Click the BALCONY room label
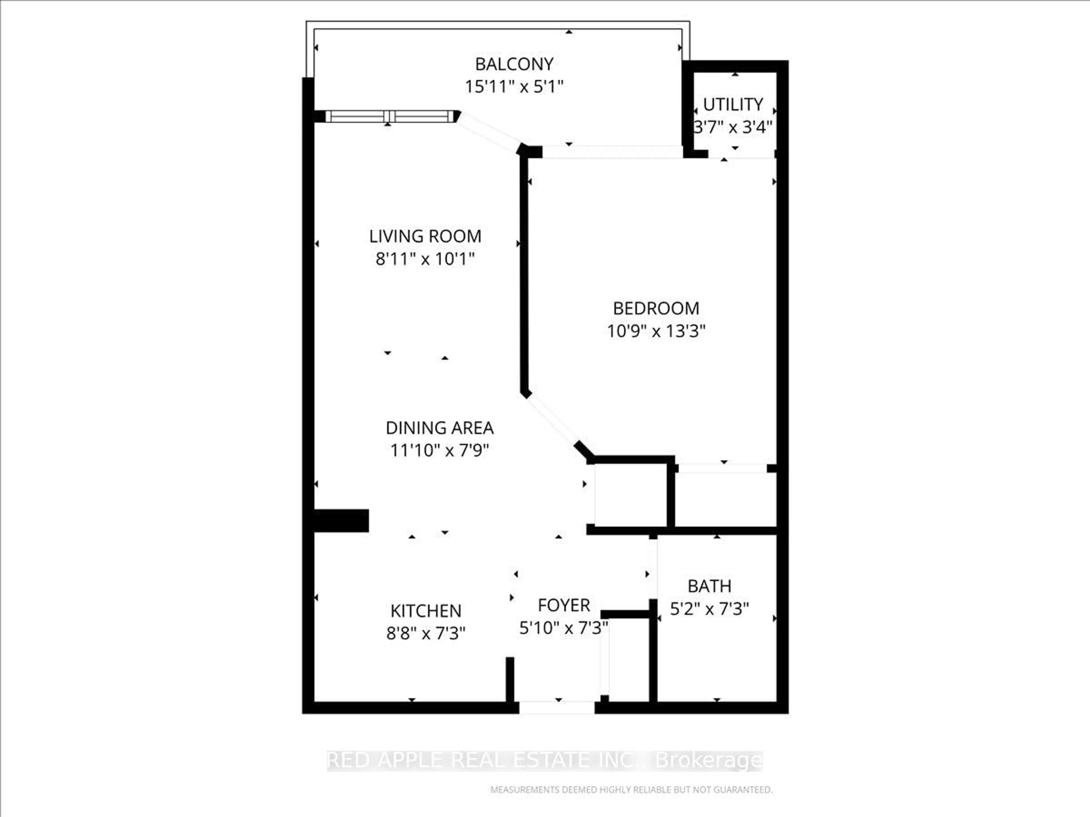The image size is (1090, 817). pos(514,64)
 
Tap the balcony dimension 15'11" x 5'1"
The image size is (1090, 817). pos(514,87)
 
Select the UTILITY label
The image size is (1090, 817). pos(733,104)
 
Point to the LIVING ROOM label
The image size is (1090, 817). pos(425,236)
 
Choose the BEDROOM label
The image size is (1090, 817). pos(656,308)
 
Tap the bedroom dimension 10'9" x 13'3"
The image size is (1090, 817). pos(656,331)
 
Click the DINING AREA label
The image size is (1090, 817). pos(439,428)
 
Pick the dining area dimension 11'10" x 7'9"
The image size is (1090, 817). pos(439,450)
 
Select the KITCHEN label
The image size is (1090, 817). pos(426,611)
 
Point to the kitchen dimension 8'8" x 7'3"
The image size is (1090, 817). pos(426,633)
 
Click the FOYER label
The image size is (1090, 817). pos(564,605)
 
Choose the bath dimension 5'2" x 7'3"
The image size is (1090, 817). pos(709,609)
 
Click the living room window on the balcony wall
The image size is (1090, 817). pos(389,116)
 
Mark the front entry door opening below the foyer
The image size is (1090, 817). pos(557,708)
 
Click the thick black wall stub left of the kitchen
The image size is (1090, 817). pos(341,521)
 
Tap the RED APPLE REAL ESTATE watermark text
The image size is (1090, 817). pos(544,760)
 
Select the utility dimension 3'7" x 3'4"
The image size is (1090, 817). pos(733,128)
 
